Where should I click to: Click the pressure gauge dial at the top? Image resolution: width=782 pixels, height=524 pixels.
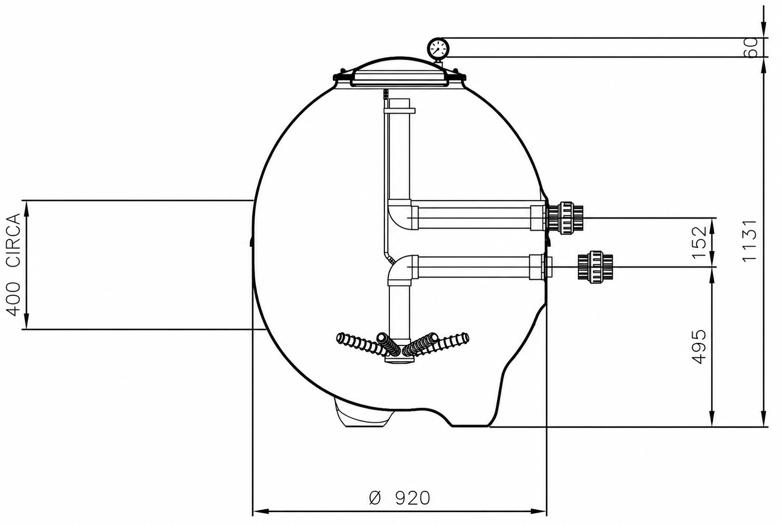[438, 48]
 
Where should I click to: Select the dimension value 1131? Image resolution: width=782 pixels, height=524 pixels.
[749, 240]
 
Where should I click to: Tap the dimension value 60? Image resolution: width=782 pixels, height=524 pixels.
[750, 47]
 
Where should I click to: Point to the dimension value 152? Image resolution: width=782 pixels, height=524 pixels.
[699, 242]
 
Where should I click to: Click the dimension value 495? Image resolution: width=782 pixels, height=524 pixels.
[699, 346]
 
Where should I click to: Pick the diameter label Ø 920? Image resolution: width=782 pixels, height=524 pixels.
[399, 498]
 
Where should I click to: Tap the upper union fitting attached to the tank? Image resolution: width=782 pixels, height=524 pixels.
[565, 218]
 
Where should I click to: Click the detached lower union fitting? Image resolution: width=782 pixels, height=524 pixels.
[595, 267]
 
